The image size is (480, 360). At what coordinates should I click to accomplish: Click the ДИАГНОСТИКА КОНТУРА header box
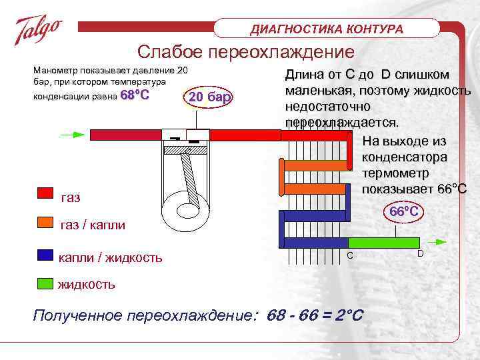(x=327, y=29)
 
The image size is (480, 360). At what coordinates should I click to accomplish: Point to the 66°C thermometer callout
(x=404, y=211)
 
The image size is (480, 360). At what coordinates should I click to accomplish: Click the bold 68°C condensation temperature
(x=134, y=96)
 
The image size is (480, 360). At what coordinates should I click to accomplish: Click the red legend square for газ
(x=45, y=193)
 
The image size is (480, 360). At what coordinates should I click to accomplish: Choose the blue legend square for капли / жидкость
(x=45, y=255)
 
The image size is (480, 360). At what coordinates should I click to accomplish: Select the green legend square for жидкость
(x=45, y=282)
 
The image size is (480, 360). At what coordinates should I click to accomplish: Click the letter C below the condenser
(x=349, y=257)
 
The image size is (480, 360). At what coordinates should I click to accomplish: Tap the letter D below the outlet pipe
(x=420, y=254)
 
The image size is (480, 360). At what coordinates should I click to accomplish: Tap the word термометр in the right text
(x=398, y=173)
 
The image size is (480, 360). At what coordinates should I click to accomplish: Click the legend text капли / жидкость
(x=110, y=257)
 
